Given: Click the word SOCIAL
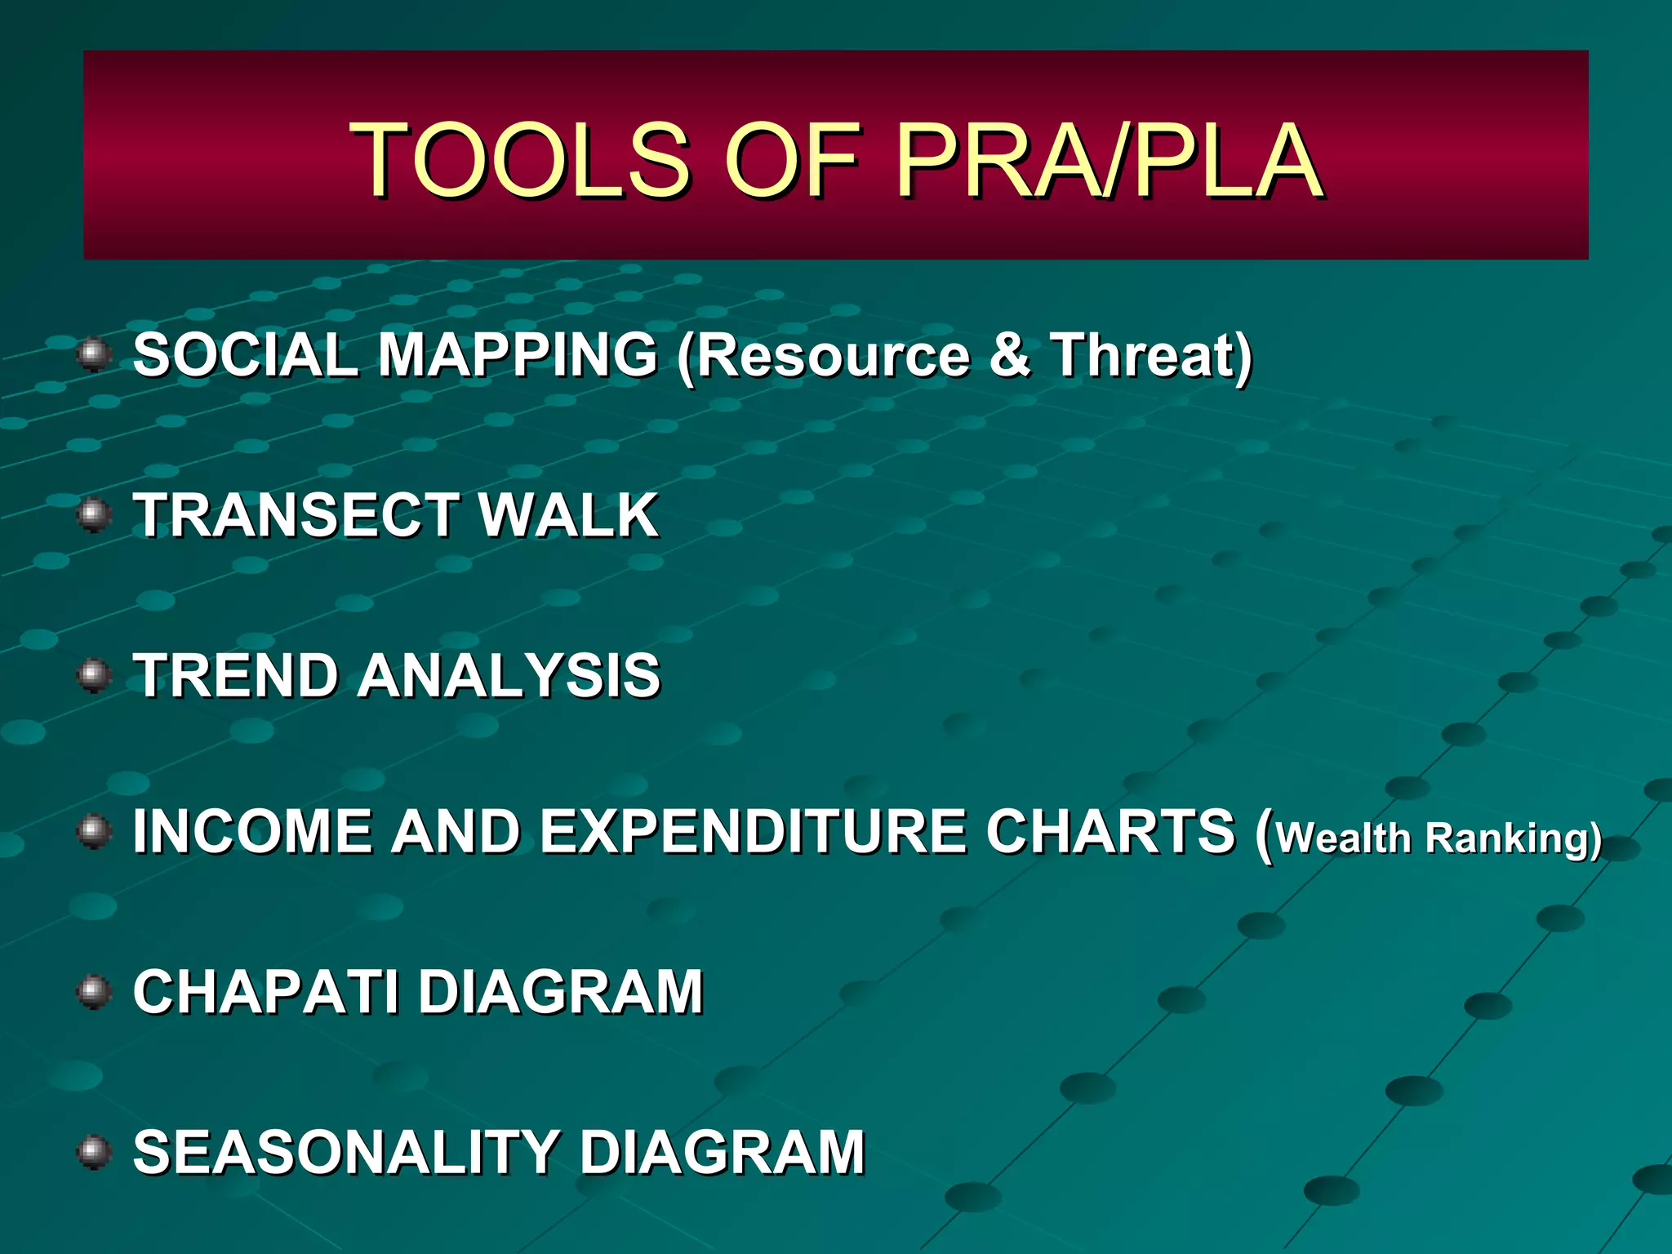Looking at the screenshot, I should click(x=245, y=355).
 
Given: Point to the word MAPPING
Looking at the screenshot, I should click(x=518, y=355).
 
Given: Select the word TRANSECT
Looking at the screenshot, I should click(x=295, y=515).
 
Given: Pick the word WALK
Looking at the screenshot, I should click(x=569, y=515).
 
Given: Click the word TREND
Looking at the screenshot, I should click(x=235, y=676).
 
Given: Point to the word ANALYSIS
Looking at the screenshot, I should click(x=509, y=676).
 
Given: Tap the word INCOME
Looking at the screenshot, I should click(x=251, y=832).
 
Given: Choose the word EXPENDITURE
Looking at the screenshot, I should click(x=755, y=832).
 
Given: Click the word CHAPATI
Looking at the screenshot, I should click(x=266, y=993).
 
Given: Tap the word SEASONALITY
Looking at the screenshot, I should click(x=346, y=1153).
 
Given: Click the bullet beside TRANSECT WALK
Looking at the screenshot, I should click(x=94, y=515).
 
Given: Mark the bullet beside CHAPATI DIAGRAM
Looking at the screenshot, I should click(x=94, y=992).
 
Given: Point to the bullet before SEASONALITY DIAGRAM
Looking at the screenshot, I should click(x=94, y=1152).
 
